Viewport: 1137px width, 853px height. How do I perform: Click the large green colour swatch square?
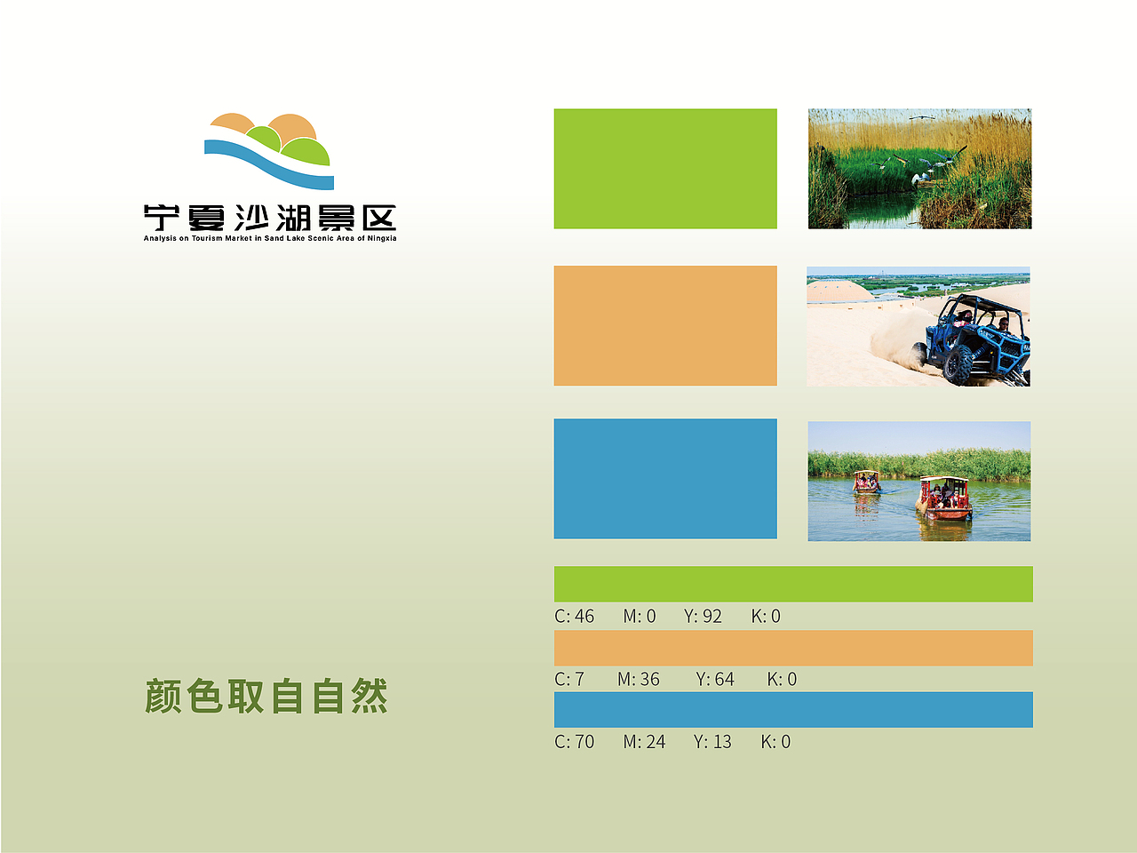pos(665,169)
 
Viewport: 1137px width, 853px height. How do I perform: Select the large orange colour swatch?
pos(665,325)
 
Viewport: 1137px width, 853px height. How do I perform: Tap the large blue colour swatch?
pos(665,479)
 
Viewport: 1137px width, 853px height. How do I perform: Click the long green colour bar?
pos(793,584)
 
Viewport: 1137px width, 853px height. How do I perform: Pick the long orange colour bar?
pos(793,648)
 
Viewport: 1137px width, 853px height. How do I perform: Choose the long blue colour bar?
pos(793,710)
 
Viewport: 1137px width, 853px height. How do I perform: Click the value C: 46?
pos(575,617)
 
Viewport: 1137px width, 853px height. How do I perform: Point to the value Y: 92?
pos(703,617)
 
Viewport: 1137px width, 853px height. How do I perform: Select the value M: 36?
pos(639,680)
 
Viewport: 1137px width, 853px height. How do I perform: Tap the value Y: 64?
pos(715,680)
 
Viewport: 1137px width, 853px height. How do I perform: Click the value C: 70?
pos(575,742)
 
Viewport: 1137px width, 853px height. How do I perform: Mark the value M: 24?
pos(644,742)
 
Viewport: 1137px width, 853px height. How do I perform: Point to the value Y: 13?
pos(712,742)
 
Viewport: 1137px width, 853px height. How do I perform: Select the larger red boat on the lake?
pos(944,498)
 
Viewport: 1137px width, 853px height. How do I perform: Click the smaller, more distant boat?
pos(866,482)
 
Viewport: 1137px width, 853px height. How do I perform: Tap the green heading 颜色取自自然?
pos(266,697)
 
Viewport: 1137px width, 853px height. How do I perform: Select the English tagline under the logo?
pos(270,238)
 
